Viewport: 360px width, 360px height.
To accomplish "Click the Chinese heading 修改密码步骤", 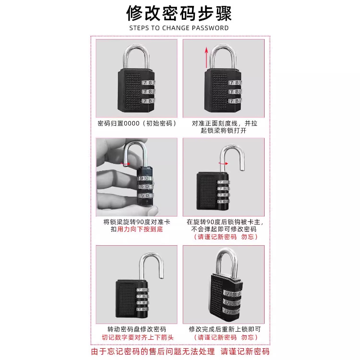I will pyautogui.click(x=179, y=13).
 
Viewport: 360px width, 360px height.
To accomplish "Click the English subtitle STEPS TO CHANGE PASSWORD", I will pyautogui.click(x=179, y=28).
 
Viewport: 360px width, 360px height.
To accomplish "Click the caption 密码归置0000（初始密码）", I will pyautogui.click(x=136, y=123).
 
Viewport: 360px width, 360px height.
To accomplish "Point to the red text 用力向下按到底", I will pyautogui.click(x=140, y=229).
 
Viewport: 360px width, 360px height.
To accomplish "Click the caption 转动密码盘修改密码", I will pyautogui.click(x=136, y=329).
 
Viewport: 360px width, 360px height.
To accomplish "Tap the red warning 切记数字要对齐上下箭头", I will pyautogui.click(x=137, y=337).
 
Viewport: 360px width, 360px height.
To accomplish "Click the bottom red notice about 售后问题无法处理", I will pyautogui.click(x=180, y=351).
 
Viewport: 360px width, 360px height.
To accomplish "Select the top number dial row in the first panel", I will pyautogui.click(x=148, y=83).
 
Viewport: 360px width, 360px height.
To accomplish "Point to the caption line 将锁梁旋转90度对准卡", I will pyautogui.click(x=136, y=222).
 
